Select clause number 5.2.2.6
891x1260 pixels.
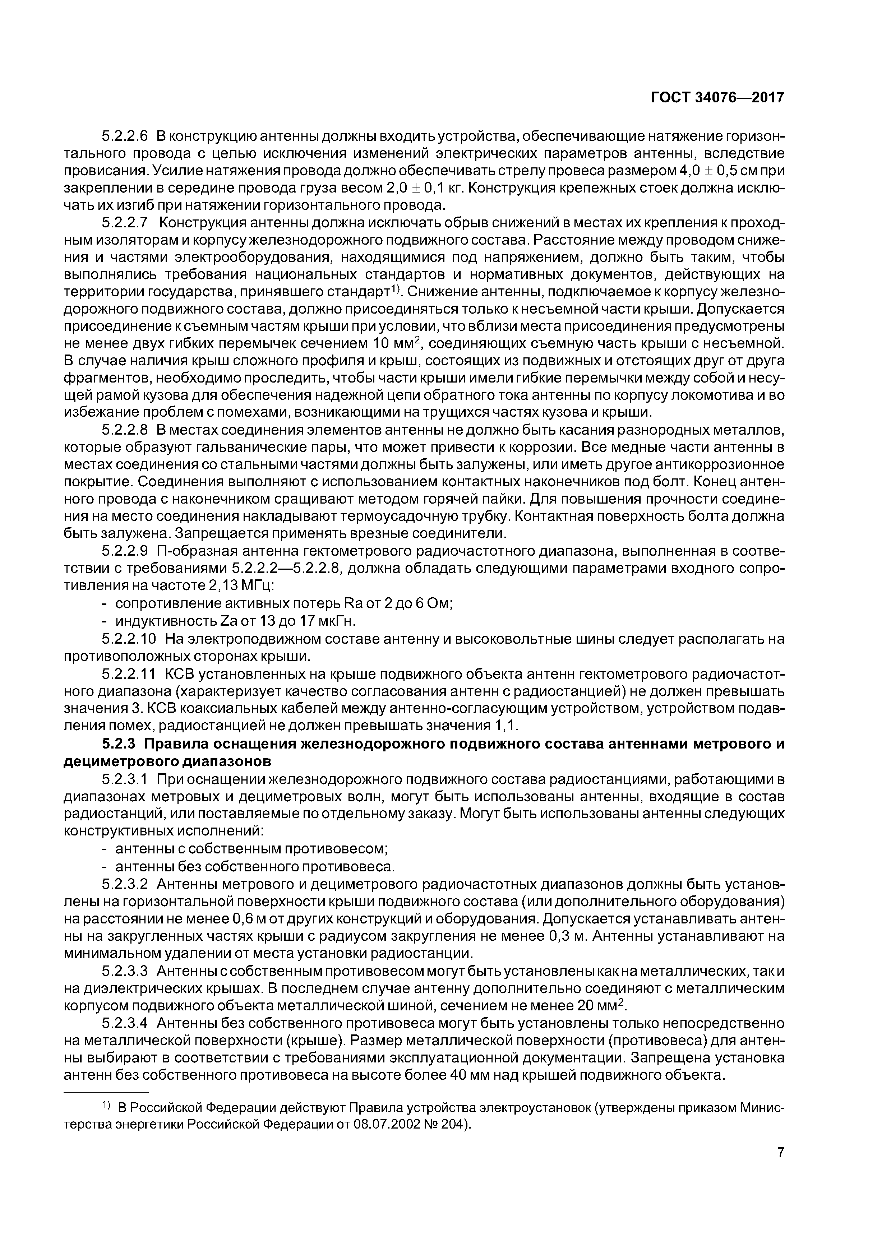pos(125,135)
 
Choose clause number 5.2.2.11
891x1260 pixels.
pos(129,673)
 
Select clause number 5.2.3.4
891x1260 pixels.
pos(125,1023)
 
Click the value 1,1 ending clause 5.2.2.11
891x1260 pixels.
pos(506,726)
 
